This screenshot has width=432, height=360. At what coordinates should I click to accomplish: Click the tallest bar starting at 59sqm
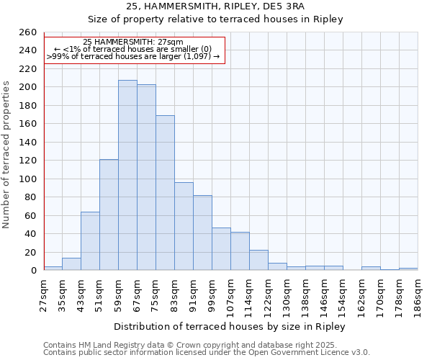[127, 175]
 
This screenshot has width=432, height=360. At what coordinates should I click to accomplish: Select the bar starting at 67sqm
[146, 177]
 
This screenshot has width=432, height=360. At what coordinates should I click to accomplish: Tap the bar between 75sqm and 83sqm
[165, 193]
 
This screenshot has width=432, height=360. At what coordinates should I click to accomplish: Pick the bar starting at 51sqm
[109, 215]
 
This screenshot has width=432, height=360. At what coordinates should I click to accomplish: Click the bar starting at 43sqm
[90, 241]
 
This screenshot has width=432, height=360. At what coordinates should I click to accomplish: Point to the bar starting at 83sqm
[184, 226]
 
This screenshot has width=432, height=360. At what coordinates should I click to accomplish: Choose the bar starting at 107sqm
[240, 251]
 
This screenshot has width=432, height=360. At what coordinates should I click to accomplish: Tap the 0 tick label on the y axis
[33, 271]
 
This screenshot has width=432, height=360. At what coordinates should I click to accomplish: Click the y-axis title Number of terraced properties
[7, 154]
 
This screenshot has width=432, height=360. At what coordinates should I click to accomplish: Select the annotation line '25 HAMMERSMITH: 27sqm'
[133, 42]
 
